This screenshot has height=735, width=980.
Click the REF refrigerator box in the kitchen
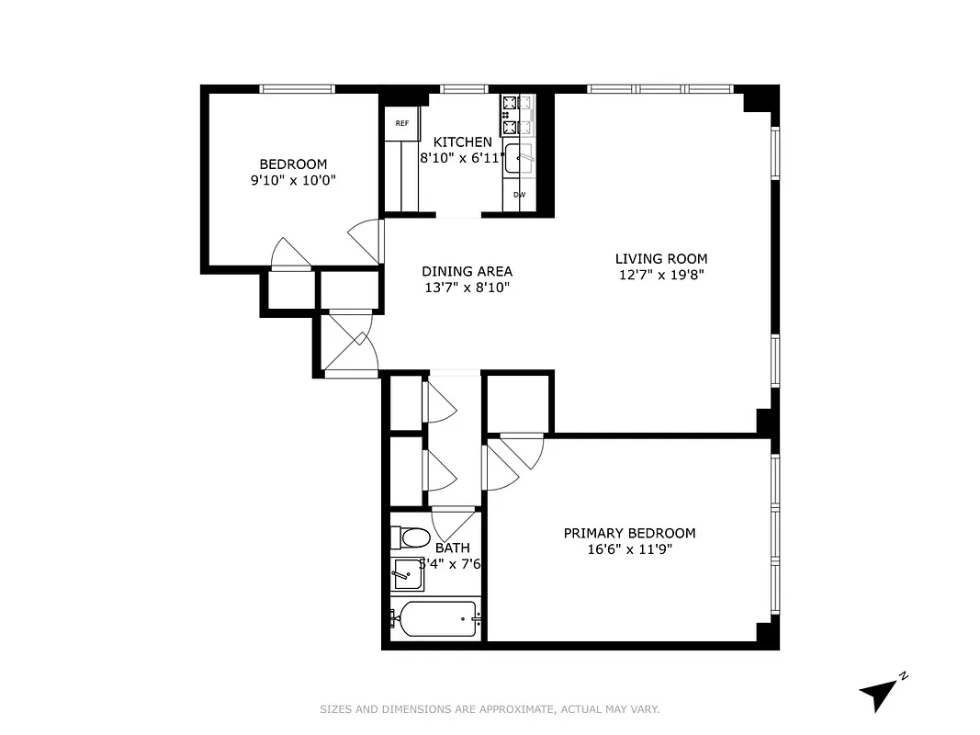coord(401,123)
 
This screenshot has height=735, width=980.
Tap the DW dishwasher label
coord(519,195)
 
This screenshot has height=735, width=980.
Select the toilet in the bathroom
coord(411,537)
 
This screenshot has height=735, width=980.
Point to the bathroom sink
coord(408,574)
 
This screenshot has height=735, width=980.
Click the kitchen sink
coord(520,158)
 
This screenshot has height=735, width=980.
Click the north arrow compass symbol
coord(880,692)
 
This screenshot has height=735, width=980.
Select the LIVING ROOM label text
coord(661,259)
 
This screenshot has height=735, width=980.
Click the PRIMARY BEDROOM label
coord(629,533)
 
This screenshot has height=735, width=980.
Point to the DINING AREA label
coord(467,271)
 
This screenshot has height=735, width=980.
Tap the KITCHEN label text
coord(462,142)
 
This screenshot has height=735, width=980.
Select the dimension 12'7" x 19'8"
coord(661,275)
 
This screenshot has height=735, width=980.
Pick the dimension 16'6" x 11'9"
coord(629,549)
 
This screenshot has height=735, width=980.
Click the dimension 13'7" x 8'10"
coord(467,287)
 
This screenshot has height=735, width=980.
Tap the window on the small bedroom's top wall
coord(297,89)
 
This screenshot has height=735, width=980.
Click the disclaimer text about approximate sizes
coord(490,709)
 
